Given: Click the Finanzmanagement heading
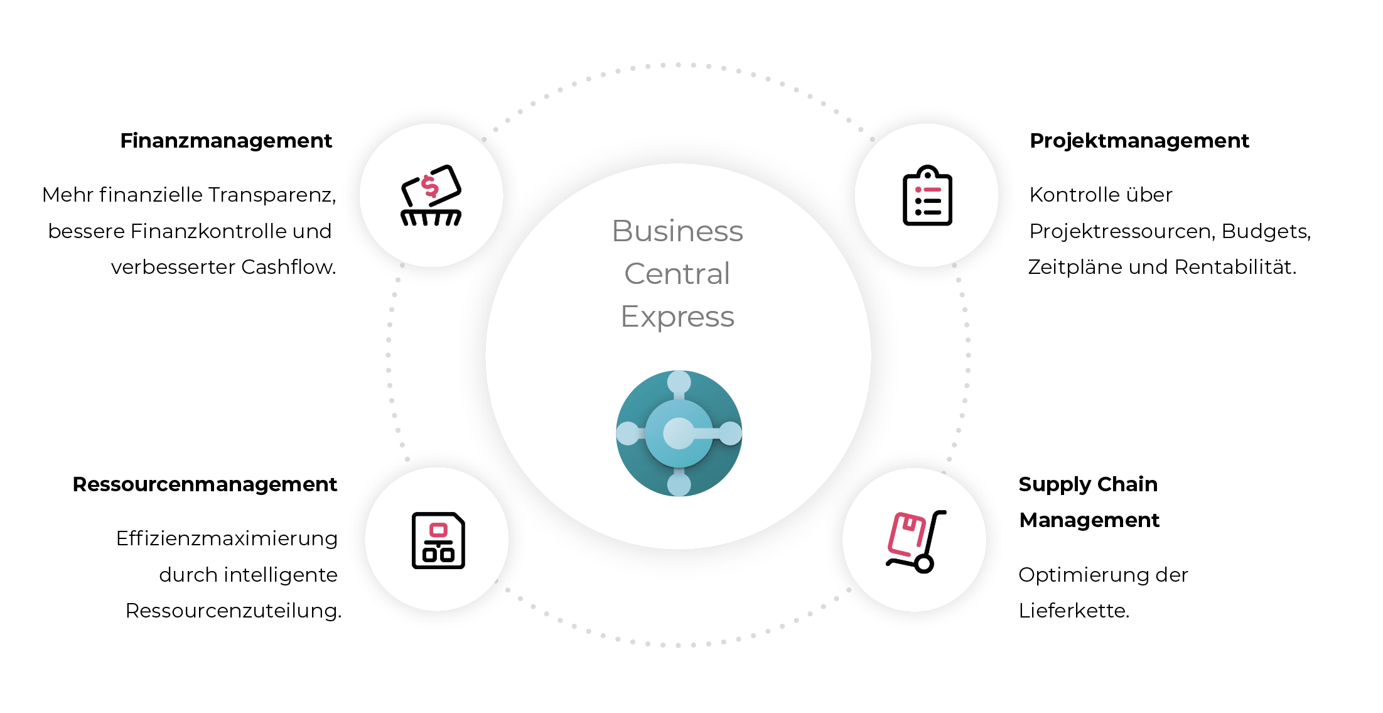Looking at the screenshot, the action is (226, 141).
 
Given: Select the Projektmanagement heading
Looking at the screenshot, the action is (1139, 141).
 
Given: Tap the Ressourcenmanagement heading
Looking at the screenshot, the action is (205, 484).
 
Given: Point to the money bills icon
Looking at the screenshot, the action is (431, 195).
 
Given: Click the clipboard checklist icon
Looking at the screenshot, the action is (927, 195).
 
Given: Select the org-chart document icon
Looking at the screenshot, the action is (438, 540).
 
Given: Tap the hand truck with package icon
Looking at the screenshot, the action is (916, 542).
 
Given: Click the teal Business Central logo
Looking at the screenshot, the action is (679, 433).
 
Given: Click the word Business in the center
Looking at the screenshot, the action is (677, 231).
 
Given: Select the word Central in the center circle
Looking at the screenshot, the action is (677, 274).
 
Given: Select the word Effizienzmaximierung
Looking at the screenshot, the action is (227, 539).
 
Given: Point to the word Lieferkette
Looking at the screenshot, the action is (1074, 611).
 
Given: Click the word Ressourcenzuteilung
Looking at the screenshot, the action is (234, 611).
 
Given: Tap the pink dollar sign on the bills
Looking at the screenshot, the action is (430, 187).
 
